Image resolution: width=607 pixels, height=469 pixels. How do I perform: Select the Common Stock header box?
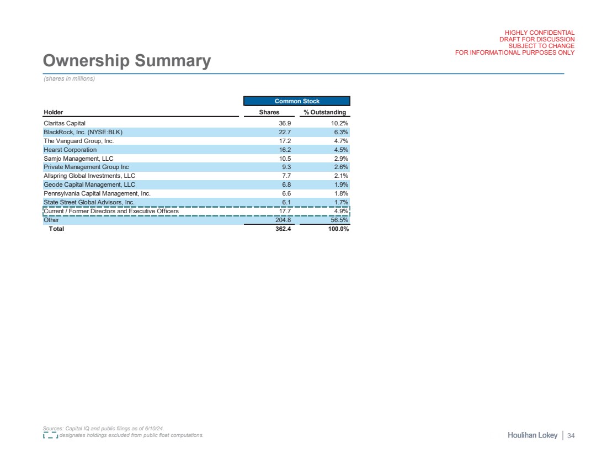(297, 101)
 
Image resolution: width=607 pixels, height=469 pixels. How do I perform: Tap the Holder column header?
(53, 113)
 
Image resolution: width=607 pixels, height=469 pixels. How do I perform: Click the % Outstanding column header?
(325, 113)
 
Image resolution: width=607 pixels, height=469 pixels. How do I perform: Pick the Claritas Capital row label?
(64, 123)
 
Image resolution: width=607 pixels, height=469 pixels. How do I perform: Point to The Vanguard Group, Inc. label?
(78, 141)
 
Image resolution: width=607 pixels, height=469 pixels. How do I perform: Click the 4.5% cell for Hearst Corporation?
(340, 150)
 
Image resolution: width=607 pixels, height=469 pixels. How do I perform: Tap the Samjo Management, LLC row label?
(78, 159)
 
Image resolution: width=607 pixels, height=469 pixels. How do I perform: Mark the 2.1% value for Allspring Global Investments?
(340, 176)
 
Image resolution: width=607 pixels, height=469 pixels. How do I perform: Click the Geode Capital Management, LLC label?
(89, 185)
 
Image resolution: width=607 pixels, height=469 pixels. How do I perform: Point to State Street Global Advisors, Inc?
(89, 202)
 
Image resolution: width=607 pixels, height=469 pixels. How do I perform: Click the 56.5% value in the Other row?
(339, 220)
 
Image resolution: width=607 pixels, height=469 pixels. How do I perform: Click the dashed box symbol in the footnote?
(50, 435)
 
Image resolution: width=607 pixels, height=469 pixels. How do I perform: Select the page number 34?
(571, 436)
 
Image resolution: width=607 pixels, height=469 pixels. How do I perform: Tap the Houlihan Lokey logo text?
(533, 436)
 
